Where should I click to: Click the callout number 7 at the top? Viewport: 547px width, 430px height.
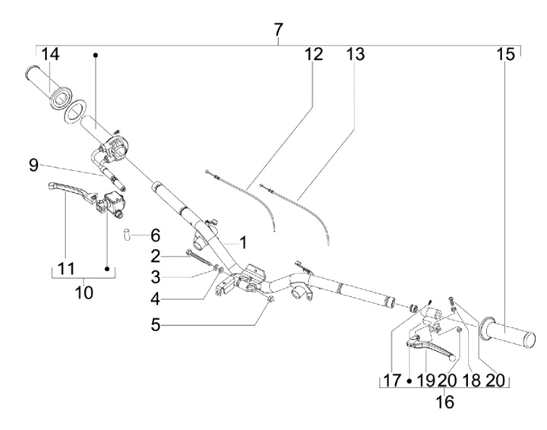[x=278, y=30]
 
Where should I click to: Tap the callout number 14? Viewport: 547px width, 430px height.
[x=51, y=55]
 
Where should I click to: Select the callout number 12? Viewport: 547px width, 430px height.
[x=314, y=55]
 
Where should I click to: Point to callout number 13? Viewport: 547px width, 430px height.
[x=356, y=55]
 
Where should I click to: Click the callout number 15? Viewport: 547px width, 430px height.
[x=506, y=55]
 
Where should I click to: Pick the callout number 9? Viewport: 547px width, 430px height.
[x=33, y=165]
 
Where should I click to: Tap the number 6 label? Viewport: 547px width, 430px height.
[x=155, y=236]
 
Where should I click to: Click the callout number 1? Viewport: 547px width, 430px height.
[x=243, y=242]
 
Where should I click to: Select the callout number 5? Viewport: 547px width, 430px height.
[x=155, y=325]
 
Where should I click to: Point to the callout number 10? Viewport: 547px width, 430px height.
[x=84, y=292]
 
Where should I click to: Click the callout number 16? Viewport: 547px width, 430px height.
[x=445, y=402]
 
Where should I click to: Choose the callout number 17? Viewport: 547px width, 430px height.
[x=393, y=380]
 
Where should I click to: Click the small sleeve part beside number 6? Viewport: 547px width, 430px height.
[x=126, y=234]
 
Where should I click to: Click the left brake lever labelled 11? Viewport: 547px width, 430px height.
[x=73, y=191]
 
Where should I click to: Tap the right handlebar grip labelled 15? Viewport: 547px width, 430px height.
[x=507, y=332]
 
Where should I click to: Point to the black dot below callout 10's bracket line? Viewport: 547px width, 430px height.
[x=107, y=269]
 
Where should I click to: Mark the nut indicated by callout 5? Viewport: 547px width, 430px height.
[x=270, y=299]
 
